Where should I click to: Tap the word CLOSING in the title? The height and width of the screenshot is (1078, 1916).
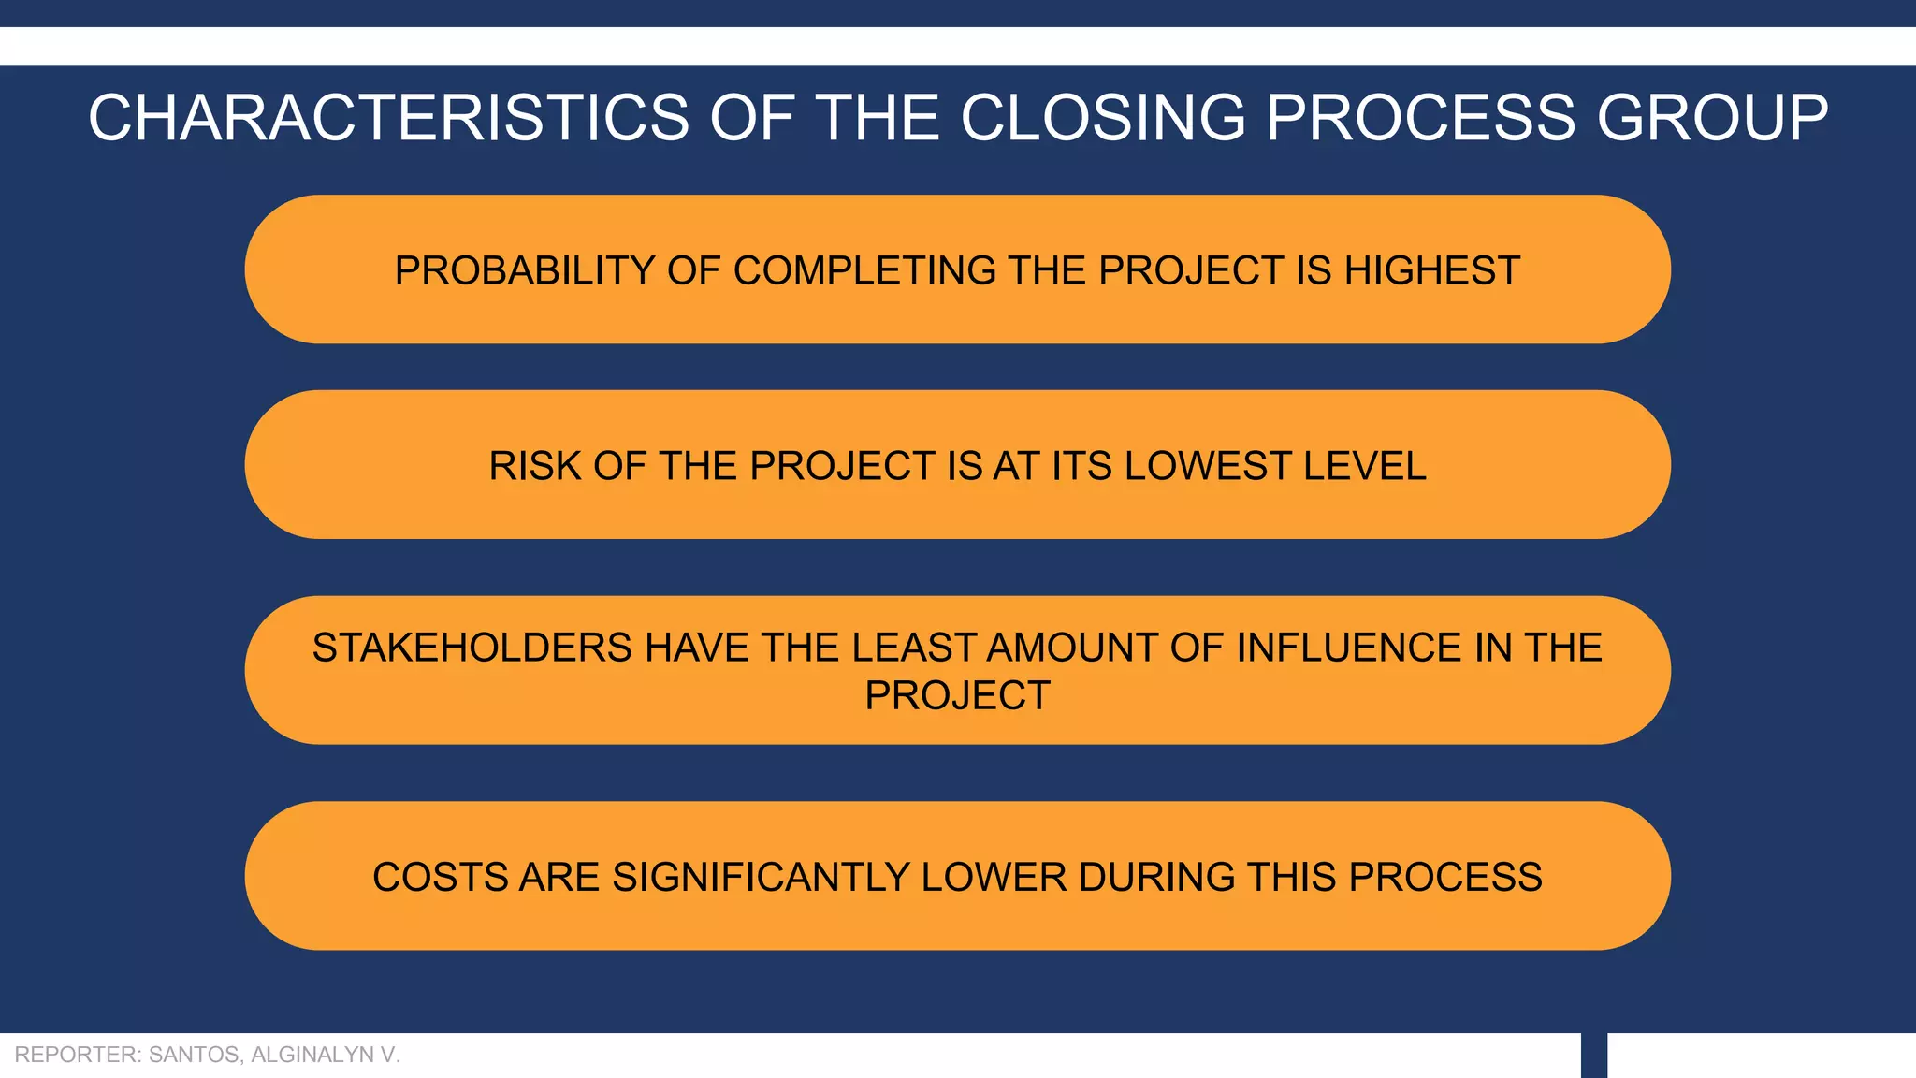(1103, 119)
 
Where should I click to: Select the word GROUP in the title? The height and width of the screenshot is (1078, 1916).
(1711, 119)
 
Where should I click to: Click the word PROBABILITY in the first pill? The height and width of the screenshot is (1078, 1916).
(524, 270)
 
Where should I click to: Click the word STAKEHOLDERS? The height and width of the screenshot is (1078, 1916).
(472, 648)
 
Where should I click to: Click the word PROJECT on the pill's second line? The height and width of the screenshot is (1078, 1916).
(957, 695)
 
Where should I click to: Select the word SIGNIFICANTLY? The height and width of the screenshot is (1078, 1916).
(760, 878)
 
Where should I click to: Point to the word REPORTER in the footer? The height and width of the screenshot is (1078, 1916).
(77, 1055)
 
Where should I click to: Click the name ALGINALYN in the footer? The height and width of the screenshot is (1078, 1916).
(312, 1055)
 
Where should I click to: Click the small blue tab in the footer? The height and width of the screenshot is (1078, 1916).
(1593, 1056)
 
